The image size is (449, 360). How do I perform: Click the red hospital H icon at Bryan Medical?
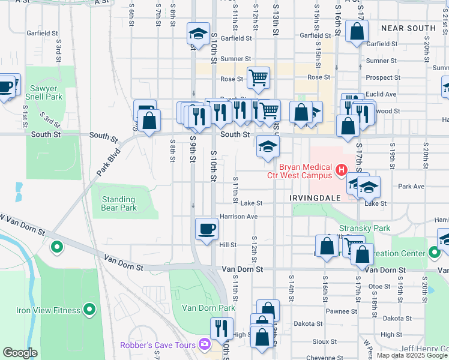tap(342, 170)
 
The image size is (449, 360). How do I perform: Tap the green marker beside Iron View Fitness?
tap(89, 310)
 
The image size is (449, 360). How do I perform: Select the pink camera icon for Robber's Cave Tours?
tap(205, 344)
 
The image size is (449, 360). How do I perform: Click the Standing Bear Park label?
tap(119, 203)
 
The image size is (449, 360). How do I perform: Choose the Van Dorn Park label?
tap(208, 308)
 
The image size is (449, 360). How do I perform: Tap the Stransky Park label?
tap(364, 228)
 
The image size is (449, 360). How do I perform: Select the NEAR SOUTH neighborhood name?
tap(408, 28)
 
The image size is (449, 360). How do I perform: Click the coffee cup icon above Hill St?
tap(206, 229)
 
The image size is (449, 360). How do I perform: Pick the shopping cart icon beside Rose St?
tap(258, 77)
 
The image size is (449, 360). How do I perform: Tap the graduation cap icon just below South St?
tap(268, 146)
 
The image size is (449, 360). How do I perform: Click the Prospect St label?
tap(382, 77)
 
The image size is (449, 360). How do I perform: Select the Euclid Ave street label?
tap(381, 94)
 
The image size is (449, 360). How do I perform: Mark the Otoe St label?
tap(379, 287)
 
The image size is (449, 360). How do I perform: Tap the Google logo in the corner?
tap(20, 353)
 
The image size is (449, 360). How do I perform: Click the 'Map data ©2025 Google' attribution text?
tap(411, 355)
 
